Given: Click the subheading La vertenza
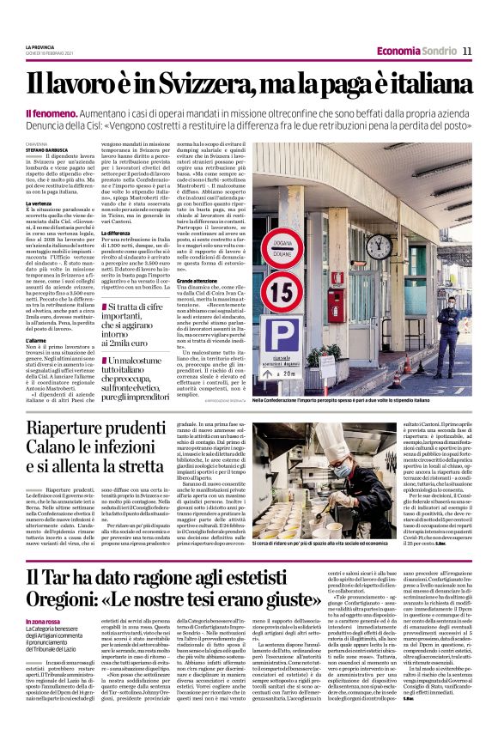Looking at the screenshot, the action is (x=39, y=203).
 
